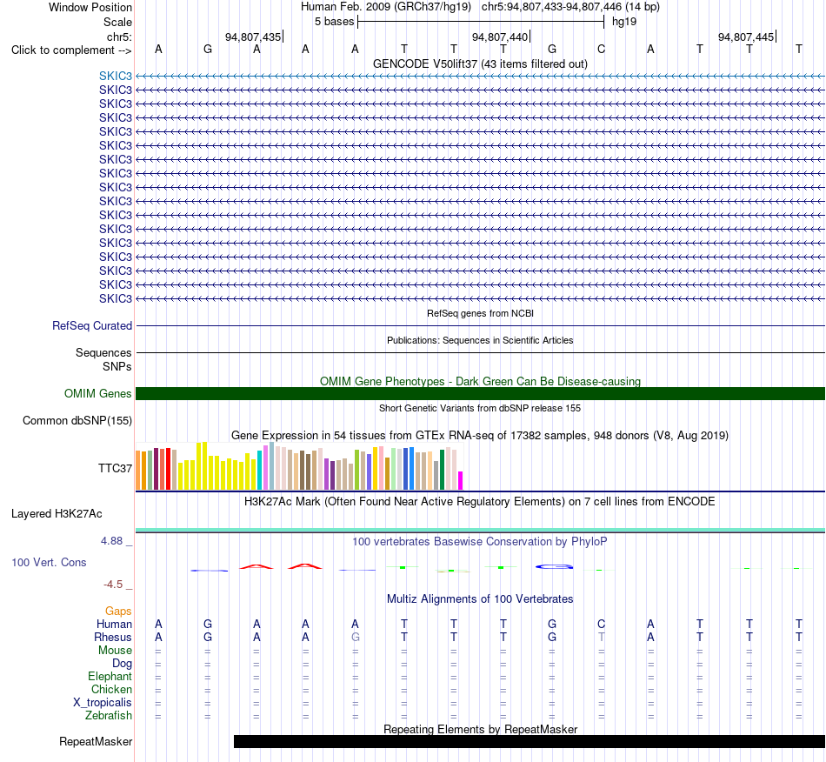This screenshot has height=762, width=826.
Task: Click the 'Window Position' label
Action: tap(90, 7)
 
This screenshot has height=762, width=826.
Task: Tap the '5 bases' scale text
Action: tap(335, 22)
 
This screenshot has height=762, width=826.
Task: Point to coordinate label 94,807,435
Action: tap(253, 37)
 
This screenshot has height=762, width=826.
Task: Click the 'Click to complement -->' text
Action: tap(71, 50)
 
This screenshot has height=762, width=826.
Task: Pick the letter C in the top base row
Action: tap(601, 49)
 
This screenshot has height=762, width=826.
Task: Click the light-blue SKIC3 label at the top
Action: tap(116, 76)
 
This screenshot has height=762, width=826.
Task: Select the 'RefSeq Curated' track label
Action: tap(92, 325)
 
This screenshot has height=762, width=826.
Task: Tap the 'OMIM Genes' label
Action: tap(98, 394)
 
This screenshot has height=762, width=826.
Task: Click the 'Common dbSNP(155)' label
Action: tap(77, 420)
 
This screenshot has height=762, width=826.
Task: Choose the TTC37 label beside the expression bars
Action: tap(115, 469)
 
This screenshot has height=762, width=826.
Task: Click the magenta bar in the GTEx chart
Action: tap(460, 480)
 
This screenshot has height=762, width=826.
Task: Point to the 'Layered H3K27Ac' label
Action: tap(57, 514)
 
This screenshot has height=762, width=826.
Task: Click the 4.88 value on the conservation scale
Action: tap(111, 541)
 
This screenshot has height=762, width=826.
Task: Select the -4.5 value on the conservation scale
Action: tap(113, 585)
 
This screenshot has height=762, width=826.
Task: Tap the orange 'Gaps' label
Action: tap(118, 611)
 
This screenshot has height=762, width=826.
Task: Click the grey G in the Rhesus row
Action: tap(355, 637)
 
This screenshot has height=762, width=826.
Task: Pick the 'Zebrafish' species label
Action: tap(109, 716)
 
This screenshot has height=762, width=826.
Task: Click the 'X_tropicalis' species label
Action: tap(103, 703)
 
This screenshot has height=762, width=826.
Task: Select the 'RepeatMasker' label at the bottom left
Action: tap(96, 741)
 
